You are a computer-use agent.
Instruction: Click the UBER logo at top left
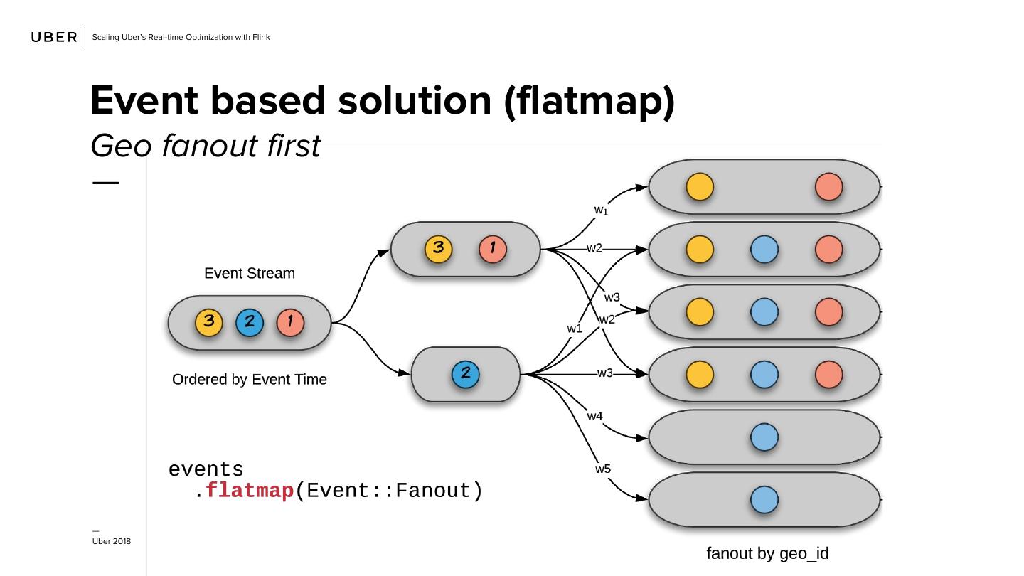[x=54, y=37]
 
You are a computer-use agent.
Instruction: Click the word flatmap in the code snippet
[x=250, y=491]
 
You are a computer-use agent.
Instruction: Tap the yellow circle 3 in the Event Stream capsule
[x=209, y=322]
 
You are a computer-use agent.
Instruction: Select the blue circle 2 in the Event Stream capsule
[x=250, y=322]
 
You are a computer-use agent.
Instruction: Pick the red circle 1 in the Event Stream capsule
[x=290, y=322]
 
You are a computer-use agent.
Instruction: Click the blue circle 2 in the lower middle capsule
[x=465, y=374]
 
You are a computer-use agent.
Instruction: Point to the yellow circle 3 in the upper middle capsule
[x=439, y=249]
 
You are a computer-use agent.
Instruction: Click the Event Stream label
[x=249, y=274]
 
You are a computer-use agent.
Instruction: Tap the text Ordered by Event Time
[x=249, y=380]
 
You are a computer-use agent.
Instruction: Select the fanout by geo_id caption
[x=767, y=553]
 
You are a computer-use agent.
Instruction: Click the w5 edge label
[x=603, y=469]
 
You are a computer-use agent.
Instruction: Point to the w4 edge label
[x=594, y=415]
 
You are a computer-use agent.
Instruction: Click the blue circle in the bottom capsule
[x=764, y=499]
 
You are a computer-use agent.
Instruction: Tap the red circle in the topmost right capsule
[x=828, y=187]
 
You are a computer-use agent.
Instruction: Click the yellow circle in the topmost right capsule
[x=700, y=187]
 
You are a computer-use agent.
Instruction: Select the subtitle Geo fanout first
[x=206, y=146]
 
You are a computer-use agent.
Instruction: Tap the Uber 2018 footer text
[x=112, y=542]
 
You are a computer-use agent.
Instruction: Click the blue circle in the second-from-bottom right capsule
[x=764, y=437]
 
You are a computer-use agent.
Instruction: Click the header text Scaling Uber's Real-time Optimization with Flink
[x=181, y=37]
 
